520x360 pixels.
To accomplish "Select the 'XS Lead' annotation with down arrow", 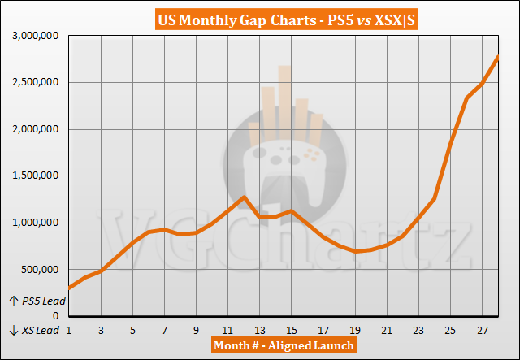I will click(34, 331).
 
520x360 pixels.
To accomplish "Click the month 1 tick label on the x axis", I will click(69, 331).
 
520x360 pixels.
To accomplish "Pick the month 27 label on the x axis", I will click(483, 331).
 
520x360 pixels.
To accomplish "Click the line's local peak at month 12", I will click(244, 197).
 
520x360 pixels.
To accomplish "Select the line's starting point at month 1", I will click(69, 287).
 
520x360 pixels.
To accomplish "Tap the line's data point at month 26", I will click(466, 98).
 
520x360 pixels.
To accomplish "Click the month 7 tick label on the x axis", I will click(164, 331).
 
